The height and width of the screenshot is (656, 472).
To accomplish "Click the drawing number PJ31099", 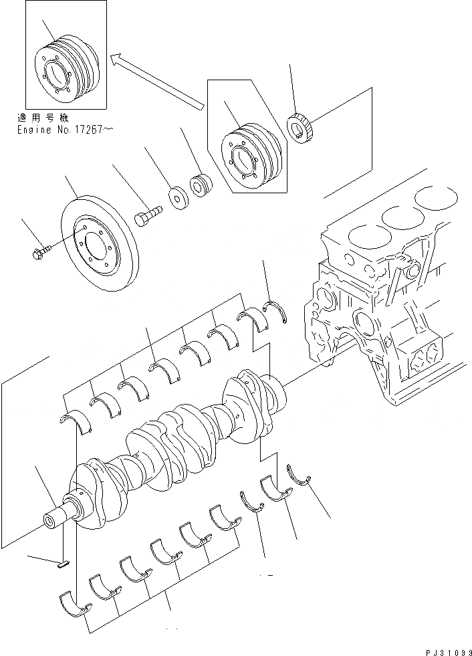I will tap(443, 649).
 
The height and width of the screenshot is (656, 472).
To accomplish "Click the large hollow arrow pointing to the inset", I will tap(158, 80).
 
